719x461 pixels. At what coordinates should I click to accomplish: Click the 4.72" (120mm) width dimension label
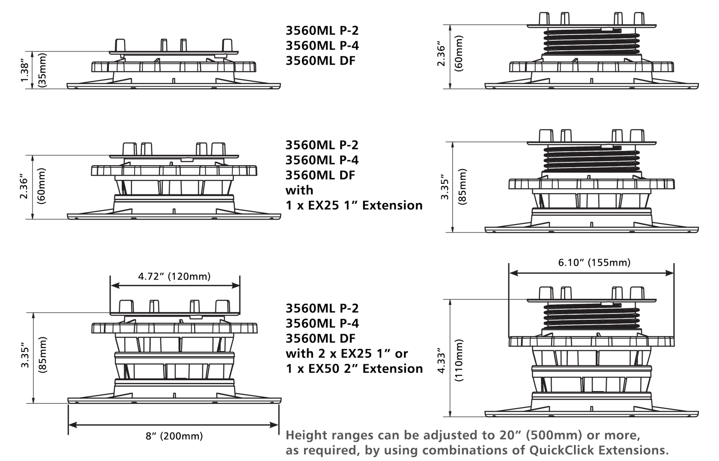[174, 277]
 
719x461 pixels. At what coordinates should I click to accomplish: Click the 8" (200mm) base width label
[174, 436]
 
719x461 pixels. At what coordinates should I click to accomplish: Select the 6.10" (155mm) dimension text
[594, 263]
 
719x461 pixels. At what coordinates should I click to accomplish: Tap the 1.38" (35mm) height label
[34, 71]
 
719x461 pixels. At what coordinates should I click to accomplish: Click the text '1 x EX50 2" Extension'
[354, 369]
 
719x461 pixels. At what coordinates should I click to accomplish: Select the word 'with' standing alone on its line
[299, 190]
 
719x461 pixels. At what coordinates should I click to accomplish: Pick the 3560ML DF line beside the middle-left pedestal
[321, 175]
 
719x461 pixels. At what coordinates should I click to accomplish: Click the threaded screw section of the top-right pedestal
[591, 41]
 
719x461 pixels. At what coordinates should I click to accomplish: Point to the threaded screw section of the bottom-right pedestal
[591, 317]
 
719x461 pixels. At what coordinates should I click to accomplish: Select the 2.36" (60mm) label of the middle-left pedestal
[34, 186]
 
